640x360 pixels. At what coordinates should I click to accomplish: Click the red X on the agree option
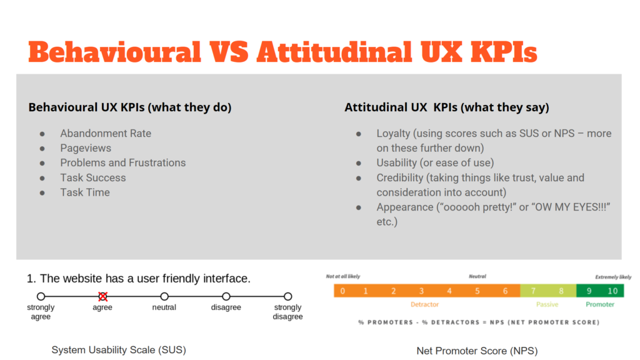pos(103,296)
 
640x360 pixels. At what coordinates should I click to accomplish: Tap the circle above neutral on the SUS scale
pos(164,296)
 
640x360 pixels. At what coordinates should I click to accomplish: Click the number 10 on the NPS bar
pos(612,291)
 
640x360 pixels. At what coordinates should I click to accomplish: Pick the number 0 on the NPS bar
pos(343,291)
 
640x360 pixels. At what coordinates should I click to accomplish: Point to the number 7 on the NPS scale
pos(533,291)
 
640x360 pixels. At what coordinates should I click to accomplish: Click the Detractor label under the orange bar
pos(424,304)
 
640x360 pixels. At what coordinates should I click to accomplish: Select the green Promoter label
pos(600,304)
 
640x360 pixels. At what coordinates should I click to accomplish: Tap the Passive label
pos(547,304)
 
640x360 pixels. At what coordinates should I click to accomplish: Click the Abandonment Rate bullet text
pos(106,134)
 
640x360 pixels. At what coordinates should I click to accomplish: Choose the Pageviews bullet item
pos(86,148)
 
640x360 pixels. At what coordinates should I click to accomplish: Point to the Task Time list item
pos(85,192)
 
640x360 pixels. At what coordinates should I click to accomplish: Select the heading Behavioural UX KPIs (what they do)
pos(130,107)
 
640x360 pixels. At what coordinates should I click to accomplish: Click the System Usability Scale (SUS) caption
pos(119,350)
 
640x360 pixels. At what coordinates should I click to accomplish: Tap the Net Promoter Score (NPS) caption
pos(477,351)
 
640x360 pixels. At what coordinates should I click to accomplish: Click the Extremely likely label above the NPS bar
pos(613,277)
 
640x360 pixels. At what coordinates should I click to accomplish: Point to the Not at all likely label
pos(343,276)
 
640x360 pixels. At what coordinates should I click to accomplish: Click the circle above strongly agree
pos(41,296)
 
